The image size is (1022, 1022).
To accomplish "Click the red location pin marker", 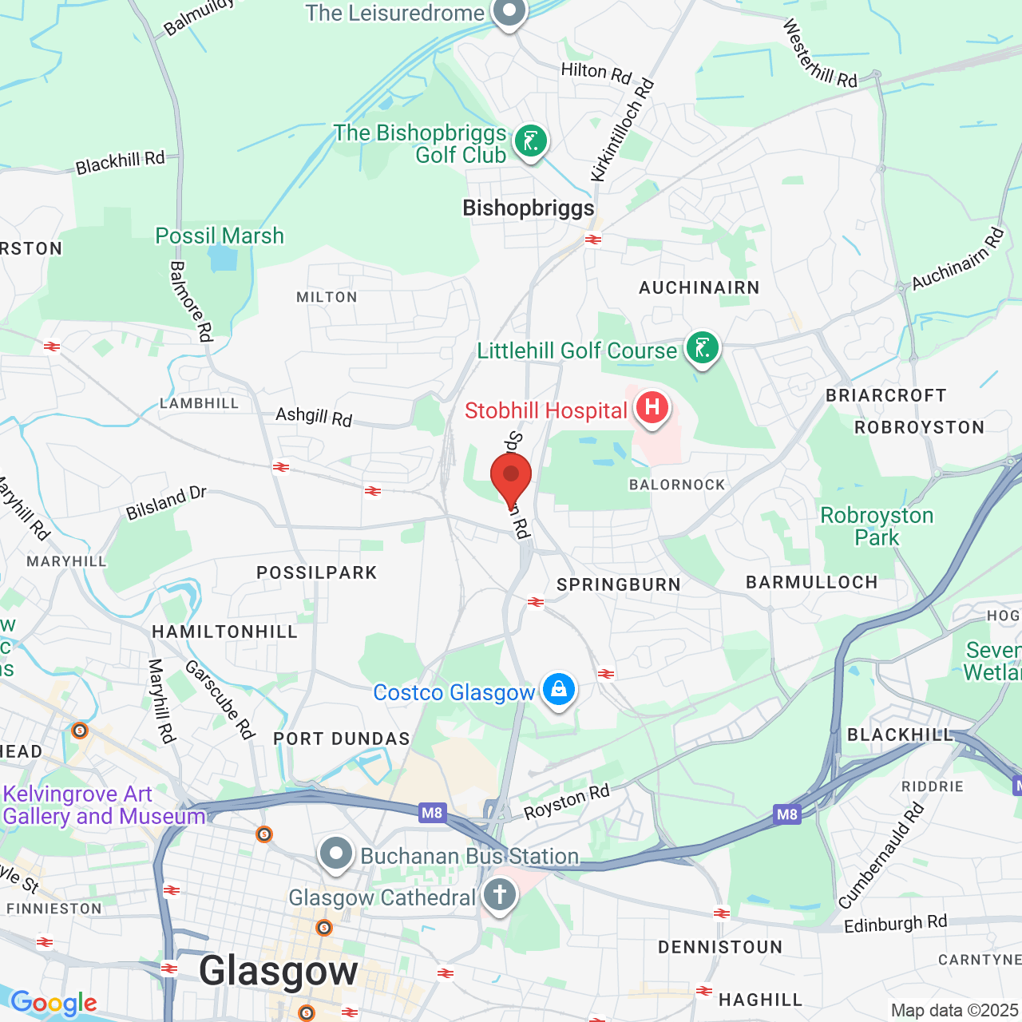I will (511, 476).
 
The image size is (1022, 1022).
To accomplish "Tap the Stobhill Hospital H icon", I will (652, 407).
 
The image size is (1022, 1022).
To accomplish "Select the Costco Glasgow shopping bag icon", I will (558, 688).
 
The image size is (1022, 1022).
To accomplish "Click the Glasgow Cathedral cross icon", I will (500, 894).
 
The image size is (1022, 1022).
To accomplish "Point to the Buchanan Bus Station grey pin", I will (336, 853).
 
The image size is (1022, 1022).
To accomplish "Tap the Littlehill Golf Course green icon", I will (703, 348).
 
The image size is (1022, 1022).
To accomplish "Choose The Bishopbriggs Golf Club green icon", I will (530, 142).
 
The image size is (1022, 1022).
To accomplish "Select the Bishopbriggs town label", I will (529, 208).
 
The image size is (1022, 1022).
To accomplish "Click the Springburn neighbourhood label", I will (619, 584).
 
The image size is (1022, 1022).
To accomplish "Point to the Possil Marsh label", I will (220, 236).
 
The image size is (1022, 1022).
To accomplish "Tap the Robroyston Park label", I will (877, 527).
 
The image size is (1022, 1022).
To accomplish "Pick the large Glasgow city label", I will (279, 971).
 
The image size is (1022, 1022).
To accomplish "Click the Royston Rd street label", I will (566, 802).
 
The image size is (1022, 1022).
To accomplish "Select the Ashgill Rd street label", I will (314, 416).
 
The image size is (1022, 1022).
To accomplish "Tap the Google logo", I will (53, 1003).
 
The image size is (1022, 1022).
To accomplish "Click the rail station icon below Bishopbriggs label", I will (592, 240).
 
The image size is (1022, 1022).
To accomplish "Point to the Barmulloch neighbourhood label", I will (811, 582).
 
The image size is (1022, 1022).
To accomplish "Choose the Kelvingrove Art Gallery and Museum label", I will (104, 805).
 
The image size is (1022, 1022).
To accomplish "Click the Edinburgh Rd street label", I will (895, 924).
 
